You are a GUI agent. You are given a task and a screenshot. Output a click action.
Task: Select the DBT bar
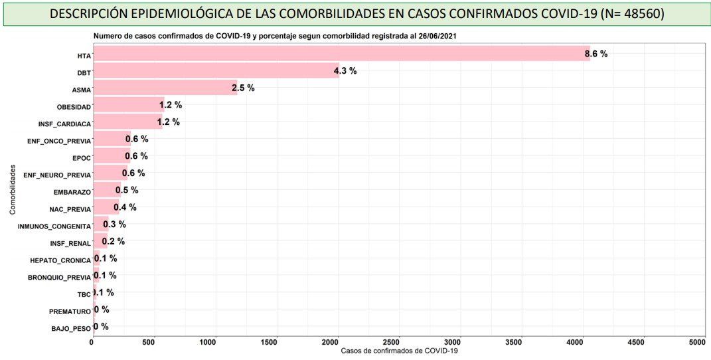tap(216, 71)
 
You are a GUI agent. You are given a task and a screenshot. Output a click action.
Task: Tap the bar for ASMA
tap(165, 88)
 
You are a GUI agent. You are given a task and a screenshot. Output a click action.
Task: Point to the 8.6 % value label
tap(595, 54)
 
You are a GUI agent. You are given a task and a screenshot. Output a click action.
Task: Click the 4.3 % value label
tap(345, 71)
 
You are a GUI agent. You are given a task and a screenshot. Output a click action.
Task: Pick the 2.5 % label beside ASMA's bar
tap(243, 88)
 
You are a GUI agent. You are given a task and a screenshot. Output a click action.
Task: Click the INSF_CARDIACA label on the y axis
tap(64, 124)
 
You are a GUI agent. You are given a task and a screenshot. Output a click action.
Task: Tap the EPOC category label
tap(81, 158)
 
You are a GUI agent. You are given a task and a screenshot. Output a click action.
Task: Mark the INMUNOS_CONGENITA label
tap(54, 226)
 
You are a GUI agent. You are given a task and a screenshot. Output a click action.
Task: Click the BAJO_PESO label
tap(70, 329)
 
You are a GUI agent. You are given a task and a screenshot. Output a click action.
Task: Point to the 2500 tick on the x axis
tap(395, 341)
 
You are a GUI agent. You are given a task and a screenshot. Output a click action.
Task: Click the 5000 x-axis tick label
tap(697, 341)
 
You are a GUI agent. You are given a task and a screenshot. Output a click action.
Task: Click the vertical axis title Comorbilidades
tap(13, 189)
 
